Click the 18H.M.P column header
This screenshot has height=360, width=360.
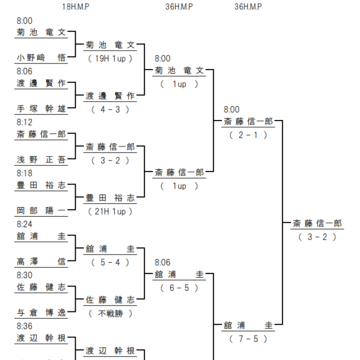tap(76, 7)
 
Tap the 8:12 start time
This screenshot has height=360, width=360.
tap(25, 122)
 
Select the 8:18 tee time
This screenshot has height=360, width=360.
tap(25, 173)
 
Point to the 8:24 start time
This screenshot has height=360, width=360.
tap(25, 224)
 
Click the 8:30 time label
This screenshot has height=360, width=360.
tap(25, 275)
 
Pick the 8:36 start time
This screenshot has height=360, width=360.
tap(25, 326)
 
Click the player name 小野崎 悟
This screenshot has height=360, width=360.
tap(41, 58)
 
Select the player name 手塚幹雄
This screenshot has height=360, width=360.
tap(41, 109)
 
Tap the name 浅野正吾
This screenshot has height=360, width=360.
tap(41, 160)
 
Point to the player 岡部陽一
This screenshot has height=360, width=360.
tap(41, 211)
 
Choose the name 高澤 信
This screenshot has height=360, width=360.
tap(41, 262)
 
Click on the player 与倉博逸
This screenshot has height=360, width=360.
tap(41, 313)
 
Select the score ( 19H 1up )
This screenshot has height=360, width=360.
tap(110, 59)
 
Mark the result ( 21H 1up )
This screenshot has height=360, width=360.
tap(110, 212)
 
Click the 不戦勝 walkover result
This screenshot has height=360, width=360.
tap(110, 314)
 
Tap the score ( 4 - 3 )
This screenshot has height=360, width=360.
tap(110, 110)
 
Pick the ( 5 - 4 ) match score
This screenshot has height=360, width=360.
tap(110, 263)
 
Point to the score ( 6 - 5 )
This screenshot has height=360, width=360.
tap(179, 288)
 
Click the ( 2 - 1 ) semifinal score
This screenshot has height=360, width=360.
tap(248, 135)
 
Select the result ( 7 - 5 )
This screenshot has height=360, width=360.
tap(248, 339)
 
